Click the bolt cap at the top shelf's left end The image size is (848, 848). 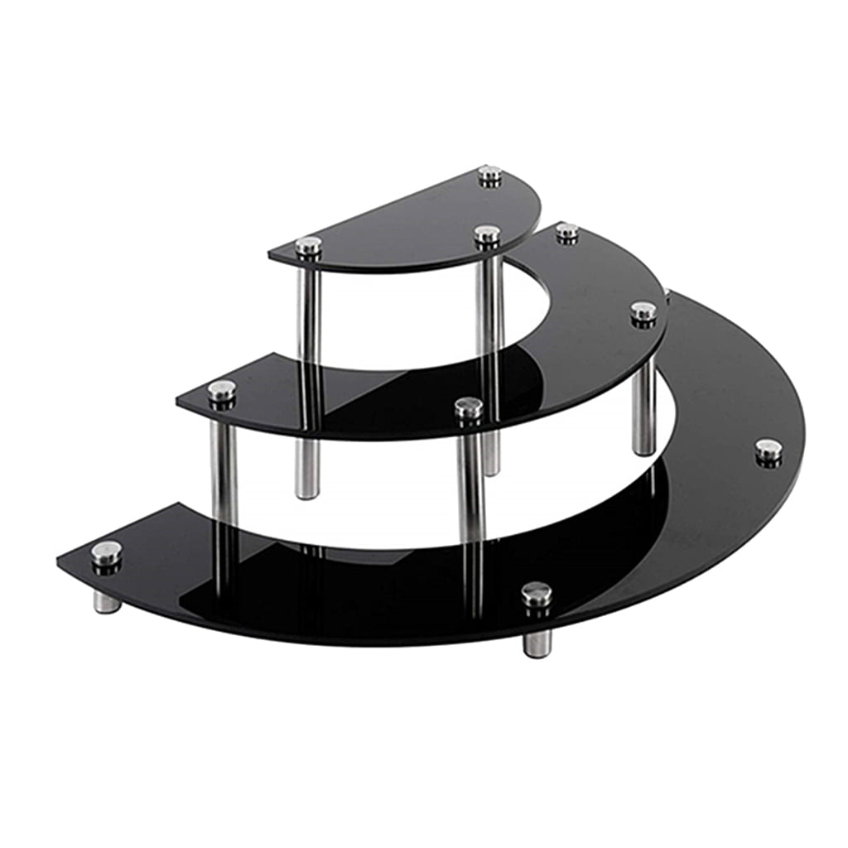click(308, 245)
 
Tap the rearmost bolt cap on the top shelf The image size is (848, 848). click(489, 174)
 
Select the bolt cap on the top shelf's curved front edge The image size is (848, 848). click(487, 234)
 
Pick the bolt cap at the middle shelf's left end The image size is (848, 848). click(221, 390)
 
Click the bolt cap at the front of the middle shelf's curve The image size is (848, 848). click(468, 407)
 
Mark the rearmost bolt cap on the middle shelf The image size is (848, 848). click(567, 231)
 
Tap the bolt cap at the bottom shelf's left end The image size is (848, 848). click(106, 552)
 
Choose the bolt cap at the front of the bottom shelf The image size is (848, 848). click(537, 593)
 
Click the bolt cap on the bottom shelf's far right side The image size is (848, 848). click(768, 450)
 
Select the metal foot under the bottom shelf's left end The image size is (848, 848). click(107, 601)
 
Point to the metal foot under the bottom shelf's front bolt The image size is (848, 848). click(537, 642)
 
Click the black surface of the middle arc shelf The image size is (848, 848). click(580, 348)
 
